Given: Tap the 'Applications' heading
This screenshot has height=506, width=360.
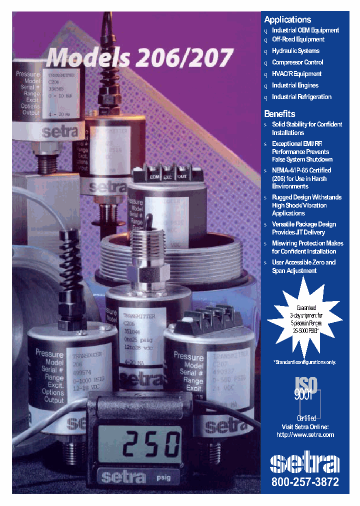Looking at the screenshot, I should click(x=287, y=20).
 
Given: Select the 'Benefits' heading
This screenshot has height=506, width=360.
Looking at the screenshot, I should click(x=279, y=113).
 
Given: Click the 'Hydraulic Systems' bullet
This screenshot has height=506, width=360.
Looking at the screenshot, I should click(x=295, y=51).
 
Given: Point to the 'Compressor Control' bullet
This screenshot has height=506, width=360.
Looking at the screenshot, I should click(x=297, y=62).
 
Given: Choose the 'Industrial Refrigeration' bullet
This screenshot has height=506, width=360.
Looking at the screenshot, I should click(x=301, y=97).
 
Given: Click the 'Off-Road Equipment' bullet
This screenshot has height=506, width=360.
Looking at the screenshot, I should click(x=298, y=39).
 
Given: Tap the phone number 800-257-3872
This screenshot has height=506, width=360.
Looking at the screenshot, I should click(x=305, y=482).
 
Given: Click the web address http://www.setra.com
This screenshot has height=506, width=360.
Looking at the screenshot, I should click(x=305, y=435).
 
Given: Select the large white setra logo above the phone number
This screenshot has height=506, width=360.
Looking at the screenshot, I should click(x=304, y=463).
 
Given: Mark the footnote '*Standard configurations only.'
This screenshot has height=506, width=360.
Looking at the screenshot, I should click(x=304, y=362).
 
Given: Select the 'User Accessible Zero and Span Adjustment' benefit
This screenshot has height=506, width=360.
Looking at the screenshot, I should click(x=303, y=266).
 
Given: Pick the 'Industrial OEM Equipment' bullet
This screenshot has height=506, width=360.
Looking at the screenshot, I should click(x=305, y=30).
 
